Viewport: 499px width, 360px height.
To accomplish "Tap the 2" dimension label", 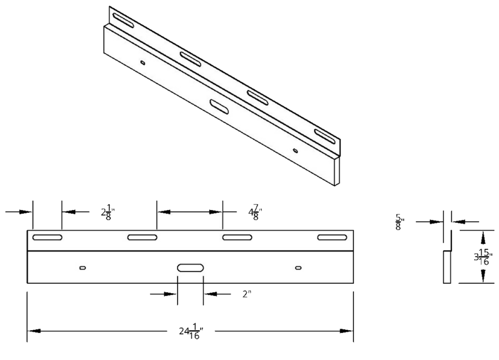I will pos(246,294).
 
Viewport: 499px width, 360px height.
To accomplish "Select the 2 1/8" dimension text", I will pos(107,211).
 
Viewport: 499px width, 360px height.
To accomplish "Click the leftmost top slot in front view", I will pos(47,237).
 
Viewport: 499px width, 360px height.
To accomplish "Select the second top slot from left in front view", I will pos(142,237).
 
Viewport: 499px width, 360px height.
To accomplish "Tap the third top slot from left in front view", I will pos(237,237).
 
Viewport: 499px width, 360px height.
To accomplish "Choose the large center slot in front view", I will pos(190,268).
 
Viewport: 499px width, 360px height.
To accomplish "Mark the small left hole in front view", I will pos(83,268).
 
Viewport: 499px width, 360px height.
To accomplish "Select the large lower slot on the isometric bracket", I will pos(220,106).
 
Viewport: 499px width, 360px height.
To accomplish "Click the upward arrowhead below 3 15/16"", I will pos(483,274).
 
